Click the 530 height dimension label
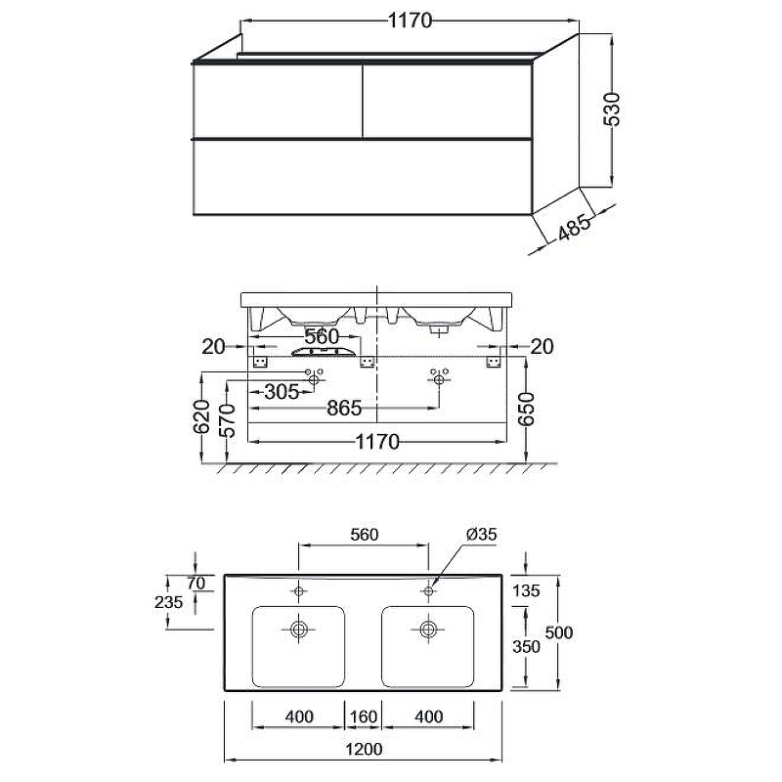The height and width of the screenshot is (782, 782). pos(612,109)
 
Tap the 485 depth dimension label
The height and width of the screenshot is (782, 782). pos(574,227)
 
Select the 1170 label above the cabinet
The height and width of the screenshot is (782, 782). pos(410,21)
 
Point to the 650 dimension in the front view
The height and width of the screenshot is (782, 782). pos(526,409)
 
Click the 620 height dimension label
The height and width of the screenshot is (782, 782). pos(201,416)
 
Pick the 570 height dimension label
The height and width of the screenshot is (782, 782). pos(227,420)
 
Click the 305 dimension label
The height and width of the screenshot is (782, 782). pos(282,392)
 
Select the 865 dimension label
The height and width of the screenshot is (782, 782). pos(344,409)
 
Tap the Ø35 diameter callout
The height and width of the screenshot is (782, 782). pos(481,534)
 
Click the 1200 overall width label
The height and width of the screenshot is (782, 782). pos(364,749)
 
